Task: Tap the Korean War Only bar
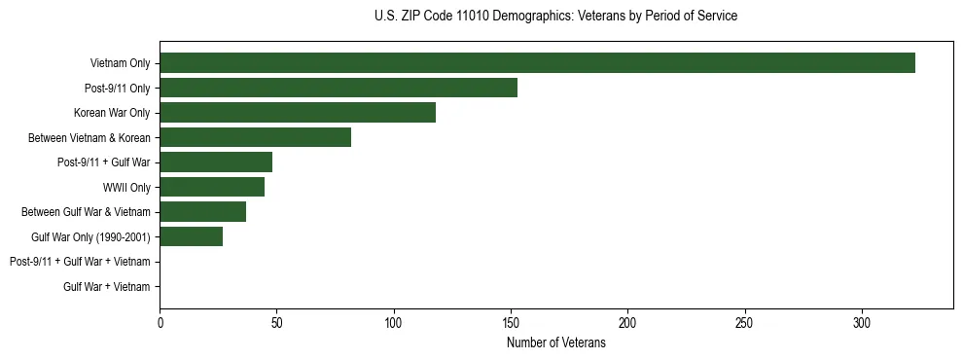(298, 113)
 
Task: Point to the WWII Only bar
(212, 187)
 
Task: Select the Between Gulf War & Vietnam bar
(202, 212)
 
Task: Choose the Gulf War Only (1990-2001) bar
(191, 236)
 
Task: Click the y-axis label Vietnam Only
(120, 63)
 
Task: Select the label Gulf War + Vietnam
(107, 286)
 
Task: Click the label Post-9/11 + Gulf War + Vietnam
(80, 262)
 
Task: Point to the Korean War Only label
(112, 113)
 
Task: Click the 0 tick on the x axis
(160, 322)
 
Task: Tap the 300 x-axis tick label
(862, 322)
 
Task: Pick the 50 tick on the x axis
(276, 322)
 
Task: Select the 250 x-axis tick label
(745, 322)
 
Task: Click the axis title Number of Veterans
(555, 342)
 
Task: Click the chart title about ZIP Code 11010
(555, 17)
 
